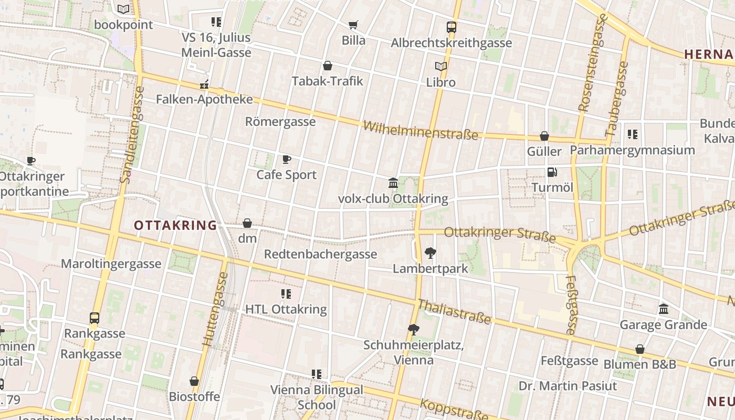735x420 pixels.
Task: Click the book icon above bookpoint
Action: [123, 9]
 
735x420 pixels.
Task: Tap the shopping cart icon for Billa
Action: [353, 25]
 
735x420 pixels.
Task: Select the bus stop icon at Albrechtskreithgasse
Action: [451, 27]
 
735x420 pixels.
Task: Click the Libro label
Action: [440, 82]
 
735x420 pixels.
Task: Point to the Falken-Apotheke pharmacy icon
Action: [204, 84]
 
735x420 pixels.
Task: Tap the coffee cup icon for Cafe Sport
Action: [286, 159]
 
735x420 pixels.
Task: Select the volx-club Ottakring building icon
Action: [393, 183]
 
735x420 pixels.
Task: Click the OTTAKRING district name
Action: [175, 226]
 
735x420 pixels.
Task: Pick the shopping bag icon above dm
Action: [247, 223]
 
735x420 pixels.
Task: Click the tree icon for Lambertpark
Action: [430, 253]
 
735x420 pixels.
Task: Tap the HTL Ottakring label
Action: [286, 310]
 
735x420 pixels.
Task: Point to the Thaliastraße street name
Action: [454, 312]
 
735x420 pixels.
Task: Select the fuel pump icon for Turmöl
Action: [552, 172]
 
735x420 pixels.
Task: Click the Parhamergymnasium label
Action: [632, 150]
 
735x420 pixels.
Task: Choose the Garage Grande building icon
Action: [663, 309]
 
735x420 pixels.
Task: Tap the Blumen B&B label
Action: [639, 364]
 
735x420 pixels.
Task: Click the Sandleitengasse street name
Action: [132, 134]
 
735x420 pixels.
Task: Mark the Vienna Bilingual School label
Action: [316, 397]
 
